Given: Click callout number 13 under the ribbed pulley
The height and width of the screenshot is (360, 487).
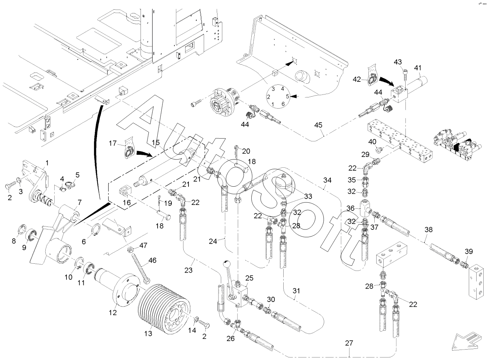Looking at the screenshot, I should click(x=148, y=334).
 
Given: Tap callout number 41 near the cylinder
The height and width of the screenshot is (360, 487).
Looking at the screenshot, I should click(x=418, y=68).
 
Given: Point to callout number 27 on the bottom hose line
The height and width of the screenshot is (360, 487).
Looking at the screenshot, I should click(x=348, y=343).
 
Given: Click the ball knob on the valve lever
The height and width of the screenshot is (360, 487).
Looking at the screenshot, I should click(x=226, y=264).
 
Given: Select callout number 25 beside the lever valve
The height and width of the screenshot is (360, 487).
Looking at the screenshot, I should click(x=249, y=278).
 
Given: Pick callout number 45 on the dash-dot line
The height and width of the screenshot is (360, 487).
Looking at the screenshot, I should click(x=318, y=125).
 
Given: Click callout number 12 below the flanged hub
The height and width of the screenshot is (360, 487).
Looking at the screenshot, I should click(x=112, y=313).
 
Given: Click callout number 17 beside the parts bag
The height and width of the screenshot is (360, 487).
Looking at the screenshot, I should click(x=113, y=143).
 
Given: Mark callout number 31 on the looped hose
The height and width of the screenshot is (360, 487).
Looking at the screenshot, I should click(x=296, y=291).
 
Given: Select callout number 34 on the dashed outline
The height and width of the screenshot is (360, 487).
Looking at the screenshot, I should click(x=327, y=180).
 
